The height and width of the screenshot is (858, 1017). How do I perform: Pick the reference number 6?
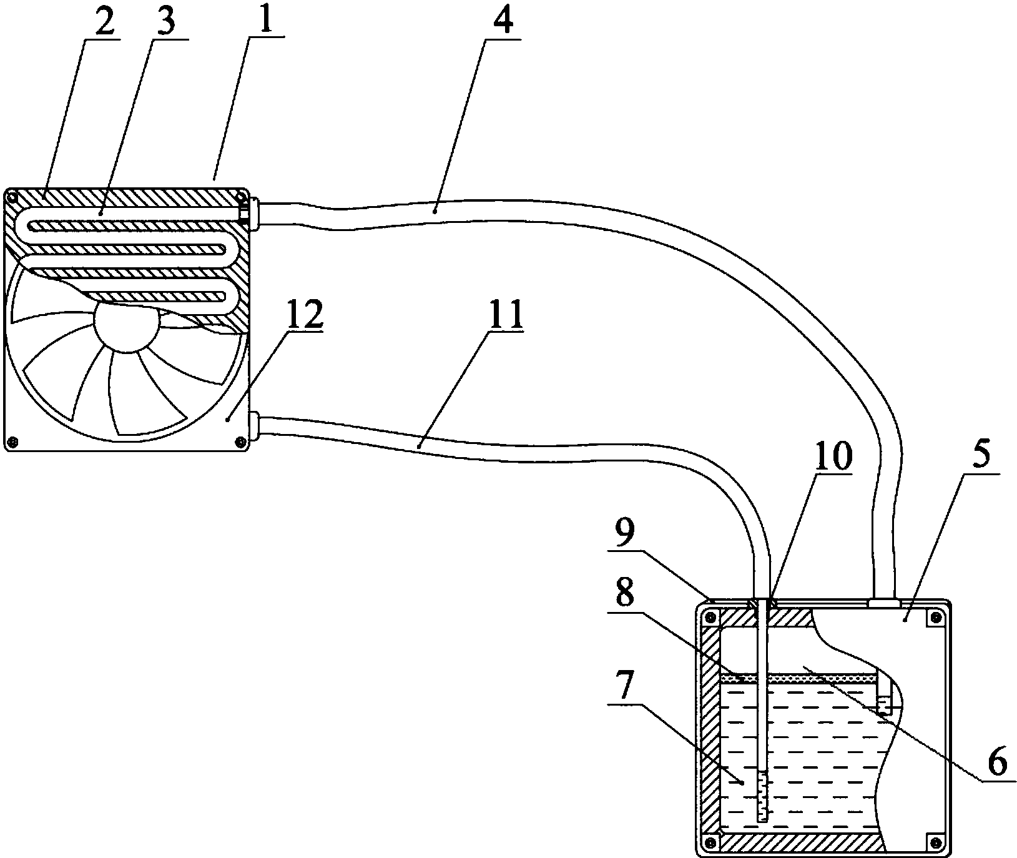click(x=997, y=762)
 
